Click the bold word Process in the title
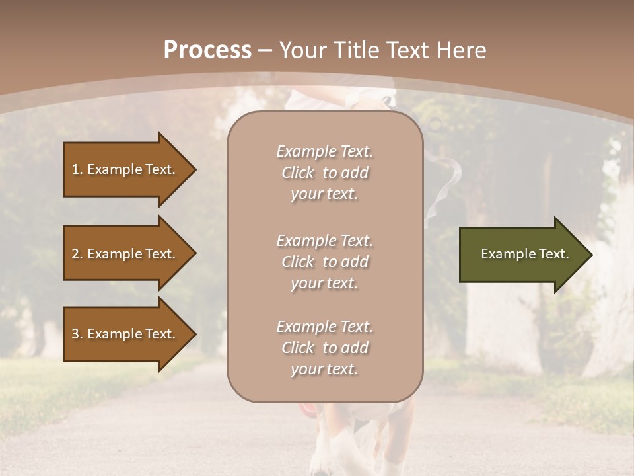(207, 50)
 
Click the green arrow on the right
(522, 255)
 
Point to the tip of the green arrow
(590, 255)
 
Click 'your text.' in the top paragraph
(324, 194)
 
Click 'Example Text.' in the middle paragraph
(324, 241)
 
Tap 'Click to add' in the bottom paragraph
(324, 348)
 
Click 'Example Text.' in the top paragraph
(324, 151)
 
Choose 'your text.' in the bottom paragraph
(324, 370)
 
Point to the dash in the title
(265, 51)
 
